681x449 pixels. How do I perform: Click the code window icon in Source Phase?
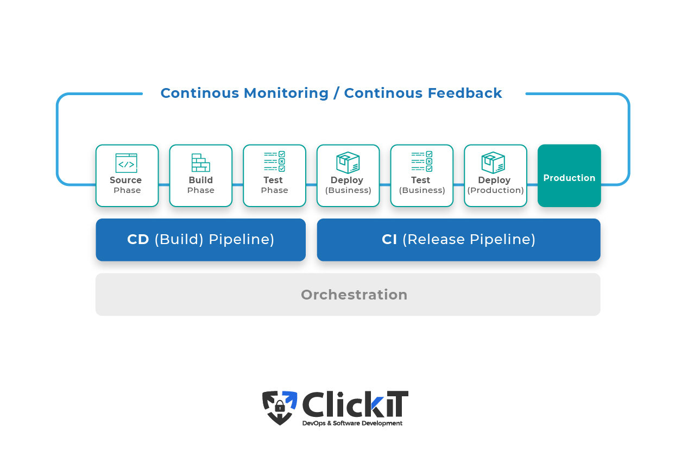(126, 163)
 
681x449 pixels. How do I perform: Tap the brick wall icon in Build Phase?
(200, 163)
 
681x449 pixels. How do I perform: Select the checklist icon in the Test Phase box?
(275, 161)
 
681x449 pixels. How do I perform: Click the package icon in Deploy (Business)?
(348, 162)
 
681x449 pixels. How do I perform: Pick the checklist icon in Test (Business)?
(421, 161)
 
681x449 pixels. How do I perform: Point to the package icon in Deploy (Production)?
(494, 162)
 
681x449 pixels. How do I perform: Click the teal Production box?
(569, 176)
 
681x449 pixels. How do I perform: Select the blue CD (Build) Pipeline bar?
(200, 240)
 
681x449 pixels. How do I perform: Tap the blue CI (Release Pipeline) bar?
(458, 240)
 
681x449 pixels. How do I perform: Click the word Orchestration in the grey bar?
(354, 295)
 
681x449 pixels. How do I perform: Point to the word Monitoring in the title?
(286, 93)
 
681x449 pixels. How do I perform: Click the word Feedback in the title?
(465, 93)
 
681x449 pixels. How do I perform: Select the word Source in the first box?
(125, 180)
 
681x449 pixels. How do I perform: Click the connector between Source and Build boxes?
(164, 184)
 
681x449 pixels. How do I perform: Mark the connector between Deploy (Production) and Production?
(532, 184)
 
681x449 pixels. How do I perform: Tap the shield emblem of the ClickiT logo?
(280, 408)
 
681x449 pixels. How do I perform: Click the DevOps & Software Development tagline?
(352, 423)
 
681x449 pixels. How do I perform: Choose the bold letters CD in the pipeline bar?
(138, 239)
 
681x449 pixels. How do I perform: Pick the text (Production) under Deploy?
(496, 190)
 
